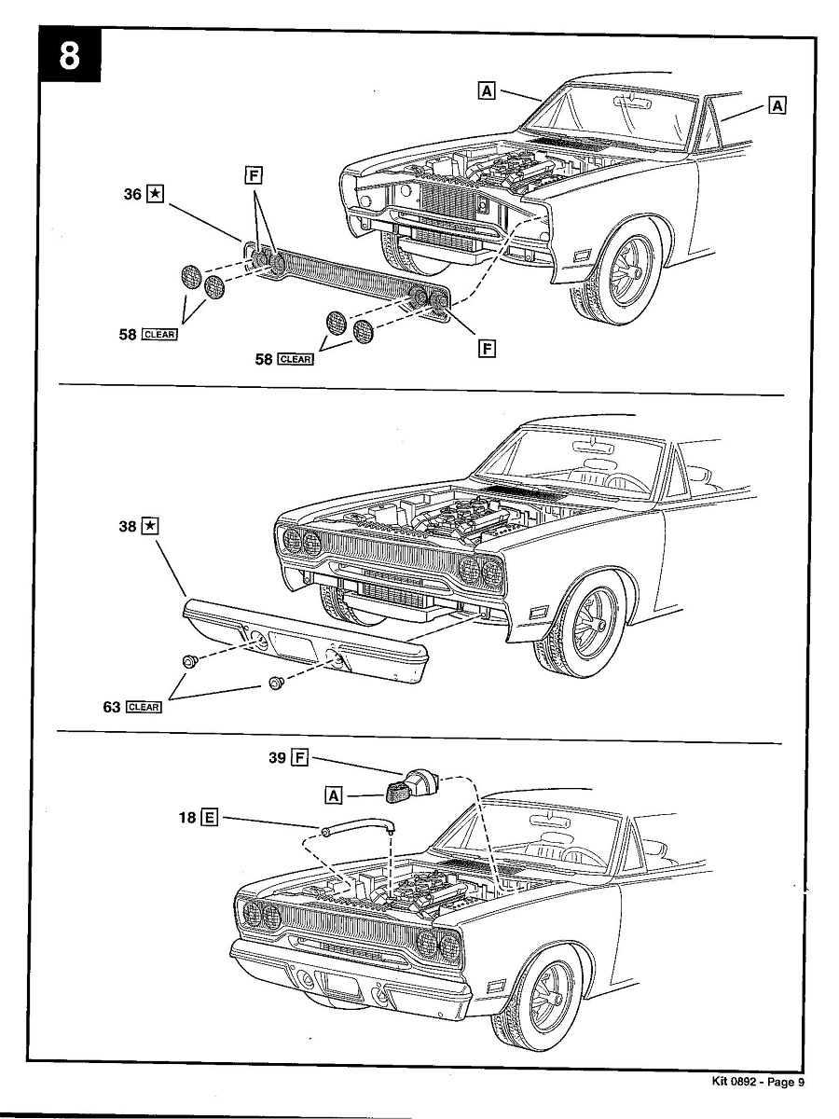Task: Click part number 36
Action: pyautogui.click(x=131, y=194)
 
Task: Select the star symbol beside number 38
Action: pyautogui.click(x=152, y=527)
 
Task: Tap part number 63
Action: pyautogui.click(x=112, y=707)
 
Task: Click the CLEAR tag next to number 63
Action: pyautogui.click(x=144, y=707)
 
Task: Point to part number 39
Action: pyautogui.click(x=277, y=757)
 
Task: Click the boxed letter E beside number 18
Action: pyautogui.click(x=210, y=818)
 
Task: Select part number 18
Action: pyautogui.click(x=187, y=818)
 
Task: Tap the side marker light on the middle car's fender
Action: pyautogui.click(x=539, y=612)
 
